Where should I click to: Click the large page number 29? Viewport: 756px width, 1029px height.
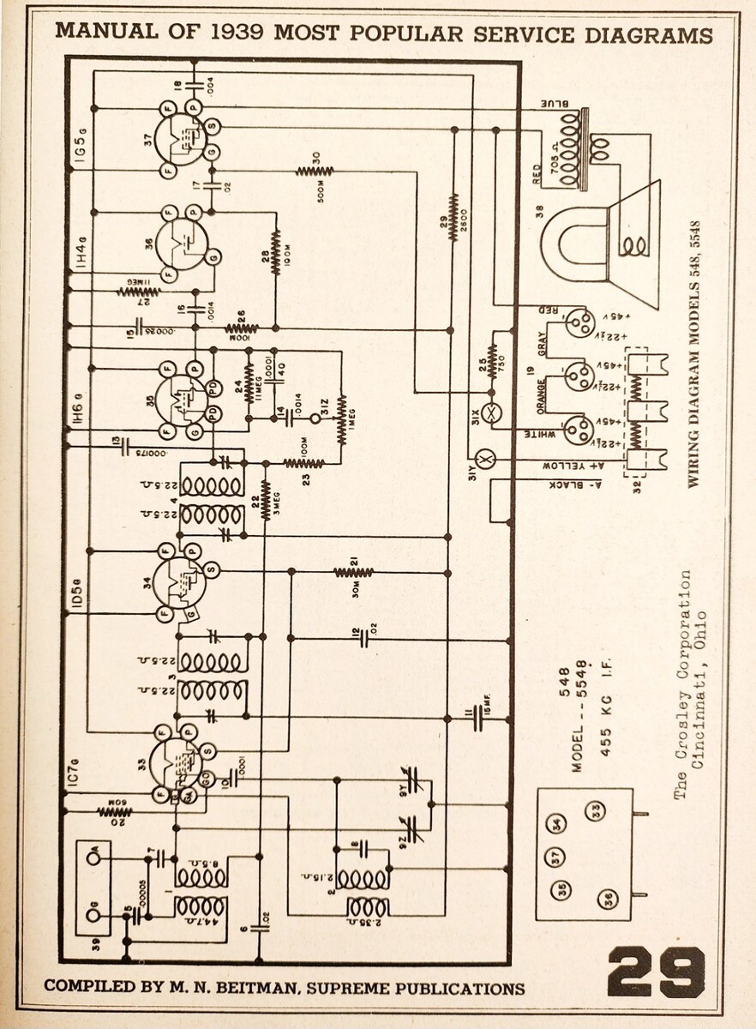[657, 972]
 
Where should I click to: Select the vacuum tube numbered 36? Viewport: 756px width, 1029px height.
[183, 241]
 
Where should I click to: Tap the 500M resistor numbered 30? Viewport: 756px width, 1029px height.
[315, 171]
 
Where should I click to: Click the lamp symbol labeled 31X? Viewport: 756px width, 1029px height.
[492, 412]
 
